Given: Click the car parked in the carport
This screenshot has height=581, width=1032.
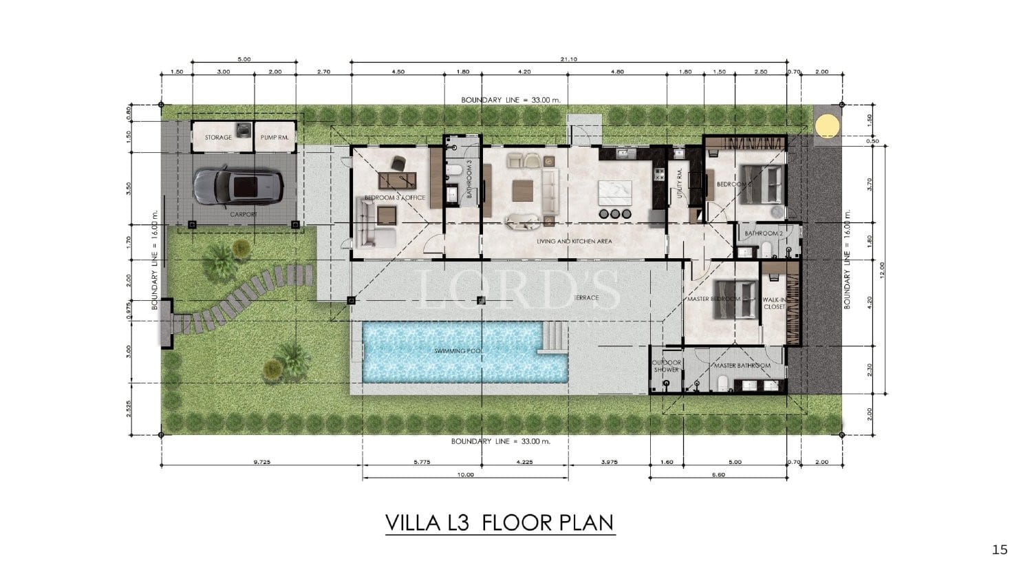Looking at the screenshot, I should click(x=236, y=186).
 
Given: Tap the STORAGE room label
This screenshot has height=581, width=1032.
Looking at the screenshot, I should click(x=218, y=138).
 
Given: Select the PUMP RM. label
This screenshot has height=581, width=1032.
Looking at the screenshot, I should click(x=274, y=138).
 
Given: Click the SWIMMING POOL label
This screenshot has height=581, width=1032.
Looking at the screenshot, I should click(x=459, y=351).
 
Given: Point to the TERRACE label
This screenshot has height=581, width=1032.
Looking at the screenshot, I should click(x=585, y=297).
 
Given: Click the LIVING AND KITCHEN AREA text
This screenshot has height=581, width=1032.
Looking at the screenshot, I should click(x=574, y=242).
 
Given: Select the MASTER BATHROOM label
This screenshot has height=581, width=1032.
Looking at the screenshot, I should click(x=742, y=366).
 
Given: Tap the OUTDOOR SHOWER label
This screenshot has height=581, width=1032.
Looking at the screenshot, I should click(x=666, y=366).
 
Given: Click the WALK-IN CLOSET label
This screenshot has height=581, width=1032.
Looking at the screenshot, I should click(x=774, y=304).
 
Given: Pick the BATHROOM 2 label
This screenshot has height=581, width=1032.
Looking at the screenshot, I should click(x=764, y=233).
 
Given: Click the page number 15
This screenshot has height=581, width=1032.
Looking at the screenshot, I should click(x=1000, y=549).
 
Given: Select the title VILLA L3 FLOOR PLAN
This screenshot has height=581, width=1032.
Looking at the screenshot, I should click(x=499, y=522).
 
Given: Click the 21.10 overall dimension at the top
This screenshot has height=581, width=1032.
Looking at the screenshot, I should click(x=568, y=59).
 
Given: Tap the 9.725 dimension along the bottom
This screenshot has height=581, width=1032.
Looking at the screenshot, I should click(x=262, y=463).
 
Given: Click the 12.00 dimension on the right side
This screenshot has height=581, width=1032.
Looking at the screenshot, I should click(x=882, y=268).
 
